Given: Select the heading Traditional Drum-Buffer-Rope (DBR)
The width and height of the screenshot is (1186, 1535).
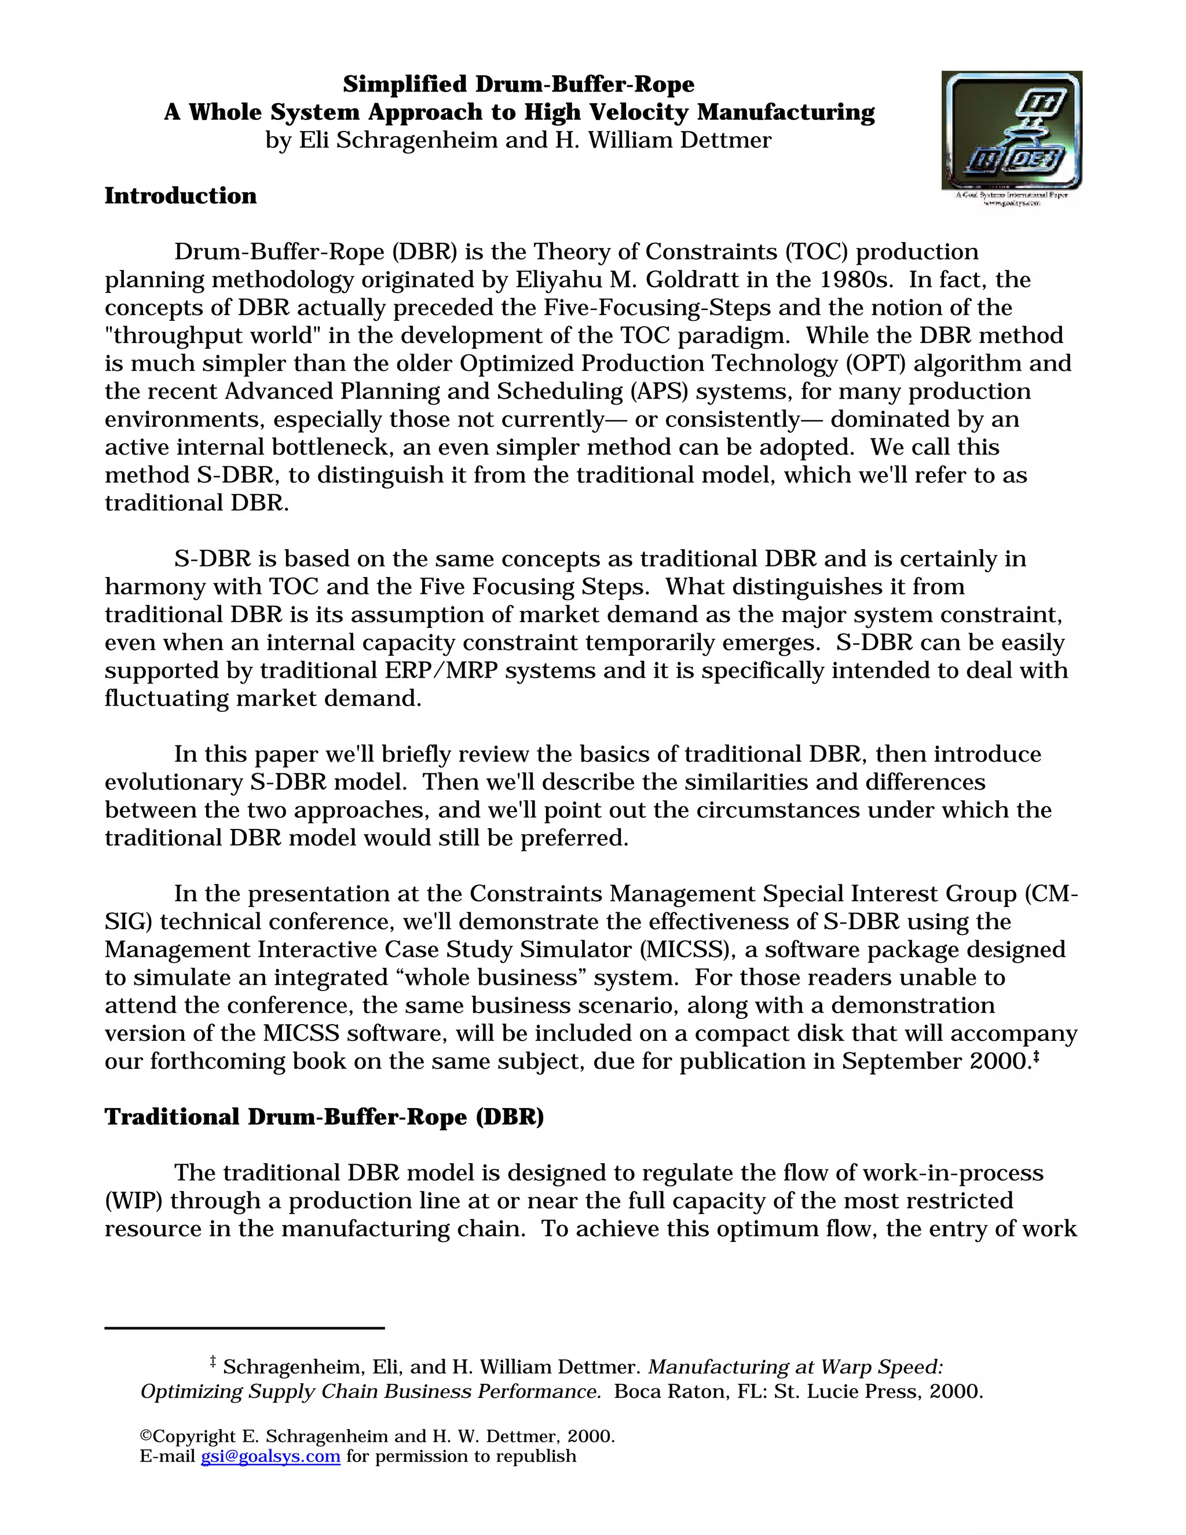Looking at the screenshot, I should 324,1117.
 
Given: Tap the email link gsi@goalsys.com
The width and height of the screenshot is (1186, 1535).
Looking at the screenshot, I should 270,1456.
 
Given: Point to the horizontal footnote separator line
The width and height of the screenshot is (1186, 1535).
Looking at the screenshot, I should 244,1328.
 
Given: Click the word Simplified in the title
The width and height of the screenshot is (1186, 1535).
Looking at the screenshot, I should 405,85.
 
